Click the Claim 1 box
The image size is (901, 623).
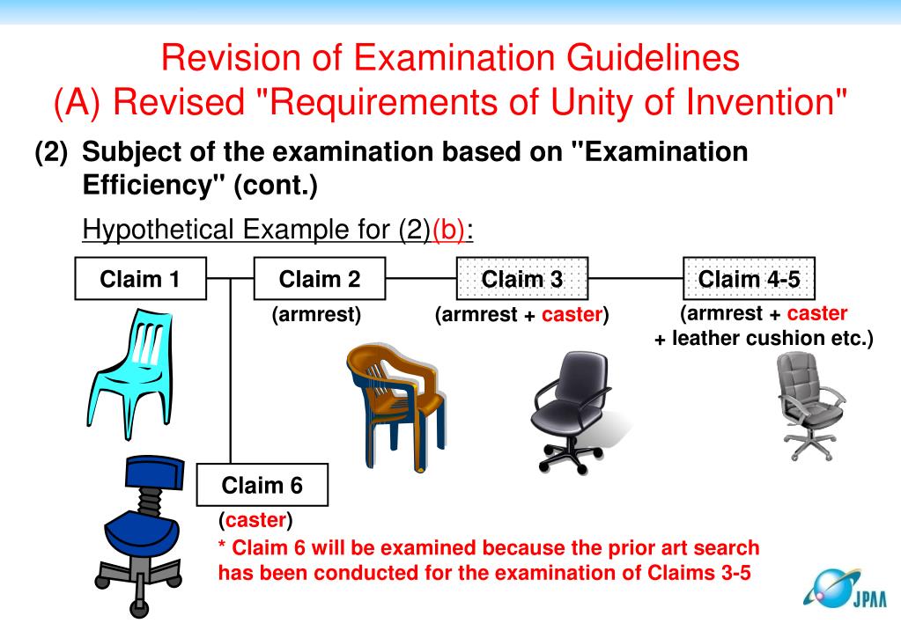[x=140, y=279]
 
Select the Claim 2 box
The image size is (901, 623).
[x=320, y=279]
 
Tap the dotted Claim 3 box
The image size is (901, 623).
[x=522, y=279]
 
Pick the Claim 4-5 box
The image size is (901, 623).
[x=749, y=279]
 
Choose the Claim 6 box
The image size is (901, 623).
[x=262, y=485]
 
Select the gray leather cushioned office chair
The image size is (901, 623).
[x=808, y=400]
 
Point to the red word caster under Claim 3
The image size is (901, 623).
[x=572, y=315]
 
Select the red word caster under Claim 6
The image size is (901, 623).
[x=255, y=521]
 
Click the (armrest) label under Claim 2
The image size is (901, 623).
[x=316, y=315]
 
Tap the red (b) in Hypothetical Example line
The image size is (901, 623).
[x=449, y=230]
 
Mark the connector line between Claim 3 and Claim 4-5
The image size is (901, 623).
[x=636, y=279]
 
